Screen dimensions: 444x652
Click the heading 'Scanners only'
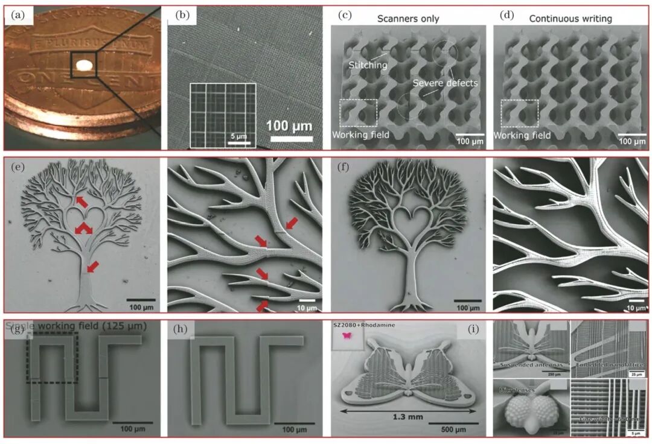point(408,19)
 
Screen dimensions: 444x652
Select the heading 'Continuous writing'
point(570,19)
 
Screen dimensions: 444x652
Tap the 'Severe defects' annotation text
point(449,83)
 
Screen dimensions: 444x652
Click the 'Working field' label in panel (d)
point(523,136)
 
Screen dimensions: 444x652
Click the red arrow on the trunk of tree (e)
point(92,267)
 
